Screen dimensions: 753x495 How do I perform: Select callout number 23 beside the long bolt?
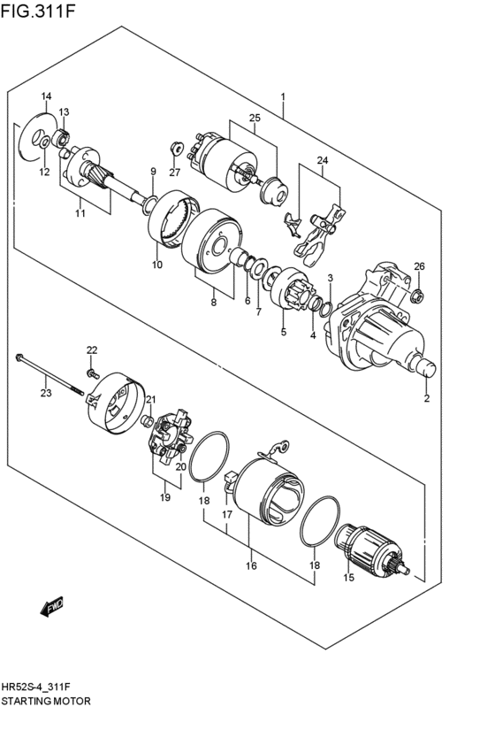tap(47, 394)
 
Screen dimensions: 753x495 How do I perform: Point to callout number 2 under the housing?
tap(426, 399)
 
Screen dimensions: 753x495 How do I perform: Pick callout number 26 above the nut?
tap(419, 266)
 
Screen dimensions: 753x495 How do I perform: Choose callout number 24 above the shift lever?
tap(322, 160)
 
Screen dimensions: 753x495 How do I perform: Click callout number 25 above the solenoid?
tap(254, 118)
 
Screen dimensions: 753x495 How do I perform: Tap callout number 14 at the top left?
tap(46, 96)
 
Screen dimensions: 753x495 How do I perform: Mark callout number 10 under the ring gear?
tap(156, 265)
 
